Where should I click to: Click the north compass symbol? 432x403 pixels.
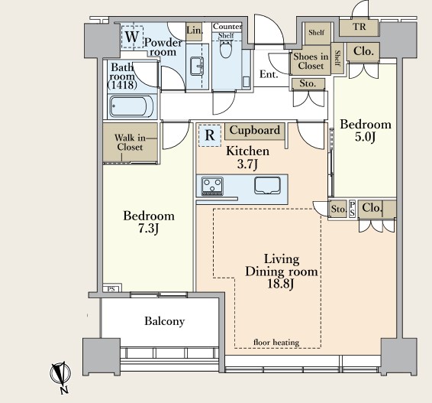click(x=60, y=374)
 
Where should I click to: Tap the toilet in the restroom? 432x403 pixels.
click(x=226, y=49)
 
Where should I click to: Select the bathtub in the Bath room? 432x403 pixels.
click(x=132, y=106)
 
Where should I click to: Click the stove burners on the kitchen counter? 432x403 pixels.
click(x=212, y=186)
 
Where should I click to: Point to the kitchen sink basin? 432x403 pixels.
click(x=267, y=185)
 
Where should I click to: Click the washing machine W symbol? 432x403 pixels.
click(x=132, y=37)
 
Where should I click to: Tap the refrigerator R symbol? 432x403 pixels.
click(x=210, y=135)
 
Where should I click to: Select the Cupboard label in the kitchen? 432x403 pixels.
click(x=255, y=130)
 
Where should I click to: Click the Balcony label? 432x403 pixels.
click(x=164, y=321)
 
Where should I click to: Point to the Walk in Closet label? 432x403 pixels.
click(x=130, y=142)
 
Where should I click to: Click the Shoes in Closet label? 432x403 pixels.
click(x=311, y=61)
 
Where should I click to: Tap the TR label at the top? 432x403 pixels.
click(x=359, y=27)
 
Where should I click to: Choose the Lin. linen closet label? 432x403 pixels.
click(x=194, y=30)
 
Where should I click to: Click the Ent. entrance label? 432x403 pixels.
click(x=269, y=74)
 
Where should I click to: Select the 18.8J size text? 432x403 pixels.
click(x=280, y=284)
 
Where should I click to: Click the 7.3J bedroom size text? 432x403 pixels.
click(x=148, y=229)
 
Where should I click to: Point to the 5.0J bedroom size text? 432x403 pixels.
click(x=365, y=137)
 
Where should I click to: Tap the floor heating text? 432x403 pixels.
click(x=276, y=343)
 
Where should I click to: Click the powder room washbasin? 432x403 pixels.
click(x=197, y=66)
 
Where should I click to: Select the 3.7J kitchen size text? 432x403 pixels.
click(x=247, y=164)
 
